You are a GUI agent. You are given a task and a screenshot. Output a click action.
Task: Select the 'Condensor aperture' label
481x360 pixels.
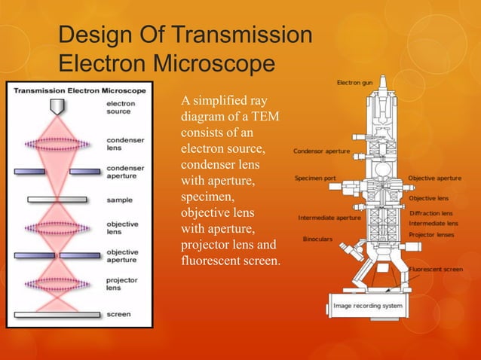point(321,151)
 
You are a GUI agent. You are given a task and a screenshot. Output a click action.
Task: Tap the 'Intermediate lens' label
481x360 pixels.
point(433,224)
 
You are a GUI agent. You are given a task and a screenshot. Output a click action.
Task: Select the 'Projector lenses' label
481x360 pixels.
point(431,235)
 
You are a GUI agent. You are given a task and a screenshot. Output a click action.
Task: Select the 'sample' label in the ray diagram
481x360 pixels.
point(118,200)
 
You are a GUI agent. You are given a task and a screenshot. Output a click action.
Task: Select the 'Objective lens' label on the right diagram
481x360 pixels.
point(428,198)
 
